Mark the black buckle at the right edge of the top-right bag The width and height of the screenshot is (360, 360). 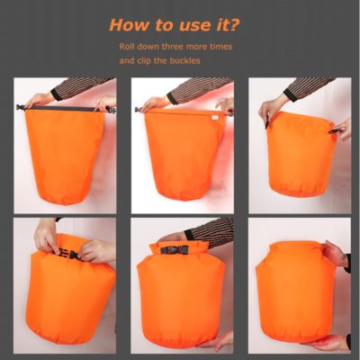click(x=336, y=130)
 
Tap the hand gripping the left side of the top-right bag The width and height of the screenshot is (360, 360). click(x=271, y=110)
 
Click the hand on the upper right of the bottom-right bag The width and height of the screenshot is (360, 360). click(x=335, y=254)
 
